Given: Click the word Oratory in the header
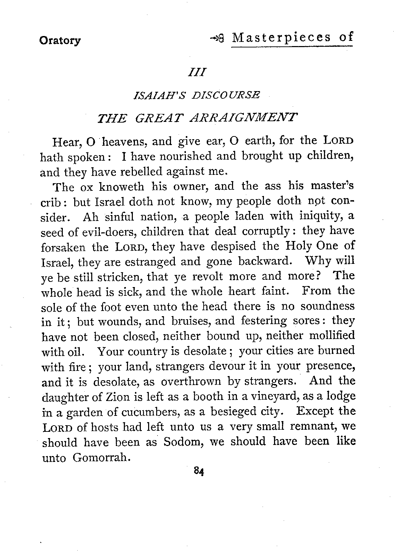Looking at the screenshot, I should tap(60, 41).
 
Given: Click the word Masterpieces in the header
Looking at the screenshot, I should tap(281, 37).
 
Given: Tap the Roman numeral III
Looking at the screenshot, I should tap(197, 73).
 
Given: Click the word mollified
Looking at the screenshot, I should tap(332, 336).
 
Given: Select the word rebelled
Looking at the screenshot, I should tap(142, 172).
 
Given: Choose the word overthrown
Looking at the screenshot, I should tap(191, 382).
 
